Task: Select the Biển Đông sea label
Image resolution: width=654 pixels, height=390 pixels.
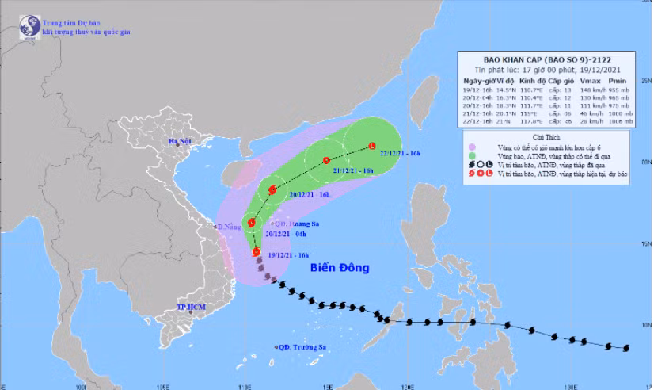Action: coord(341,268)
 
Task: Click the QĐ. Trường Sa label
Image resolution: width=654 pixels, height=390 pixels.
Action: coord(302,347)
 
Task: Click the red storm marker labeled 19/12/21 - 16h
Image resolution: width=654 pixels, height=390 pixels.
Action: coord(256,253)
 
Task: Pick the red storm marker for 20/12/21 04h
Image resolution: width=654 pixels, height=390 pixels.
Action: coord(252,224)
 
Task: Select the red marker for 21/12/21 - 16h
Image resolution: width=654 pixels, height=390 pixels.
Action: coord(326,161)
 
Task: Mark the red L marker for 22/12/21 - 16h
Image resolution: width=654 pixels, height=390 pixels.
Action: coord(372,146)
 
